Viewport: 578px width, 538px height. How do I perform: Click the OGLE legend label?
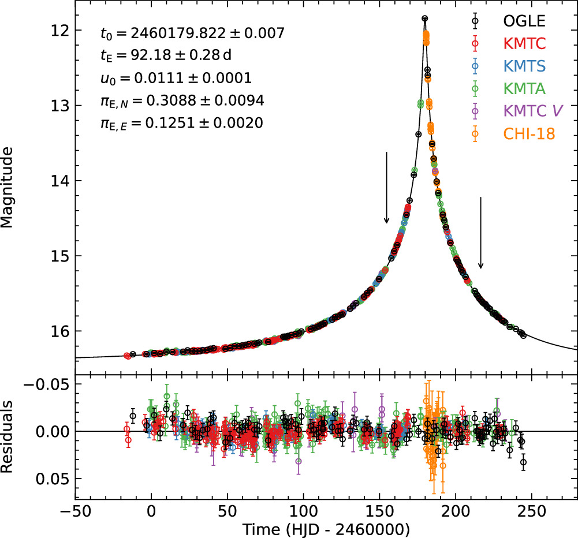[x=524, y=21]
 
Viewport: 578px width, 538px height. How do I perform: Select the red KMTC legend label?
[x=524, y=43]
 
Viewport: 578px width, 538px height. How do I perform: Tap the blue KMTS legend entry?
[x=524, y=66]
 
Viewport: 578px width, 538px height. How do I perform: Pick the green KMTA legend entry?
[x=524, y=88]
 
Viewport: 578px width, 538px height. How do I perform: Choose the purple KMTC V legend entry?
[x=533, y=111]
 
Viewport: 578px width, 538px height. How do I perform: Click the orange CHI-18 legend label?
[x=529, y=134]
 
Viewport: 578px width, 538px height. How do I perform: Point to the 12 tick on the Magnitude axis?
[x=59, y=30]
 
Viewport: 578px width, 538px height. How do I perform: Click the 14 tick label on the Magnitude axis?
[x=59, y=181]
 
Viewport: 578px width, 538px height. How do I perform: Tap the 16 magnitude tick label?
[x=59, y=331]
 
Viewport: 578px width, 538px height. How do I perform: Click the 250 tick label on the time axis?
[x=532, y=511]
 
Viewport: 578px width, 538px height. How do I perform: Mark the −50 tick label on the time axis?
[x=75, y=511]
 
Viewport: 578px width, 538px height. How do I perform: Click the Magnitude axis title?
[x=7, y=188]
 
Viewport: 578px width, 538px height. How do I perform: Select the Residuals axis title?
[x=7, y=436]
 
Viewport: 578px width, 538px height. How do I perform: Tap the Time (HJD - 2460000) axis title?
[x=326, y=529]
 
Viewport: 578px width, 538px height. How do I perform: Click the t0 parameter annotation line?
[x=192, y=33]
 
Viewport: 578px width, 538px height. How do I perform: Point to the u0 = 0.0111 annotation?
[x=176, y=78]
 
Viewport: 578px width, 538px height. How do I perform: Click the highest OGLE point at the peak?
[x=424, y=18]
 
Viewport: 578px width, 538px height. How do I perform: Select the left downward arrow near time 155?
[x=386, y=188]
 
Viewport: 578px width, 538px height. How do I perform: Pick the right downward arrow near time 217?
[x=480, y=233]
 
